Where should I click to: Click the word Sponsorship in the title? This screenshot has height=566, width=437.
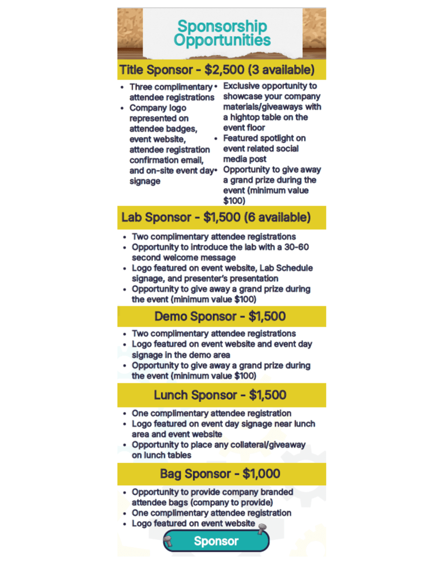pos(222,26)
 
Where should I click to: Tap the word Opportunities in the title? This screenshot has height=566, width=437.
pos(222,40)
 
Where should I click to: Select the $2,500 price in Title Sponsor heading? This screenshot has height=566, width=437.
pos(224,70)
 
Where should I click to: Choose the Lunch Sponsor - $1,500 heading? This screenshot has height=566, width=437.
pos(220,395)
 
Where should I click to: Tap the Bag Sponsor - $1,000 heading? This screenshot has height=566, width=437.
pos(220,474)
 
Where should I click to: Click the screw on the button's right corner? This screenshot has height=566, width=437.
pos(263,528)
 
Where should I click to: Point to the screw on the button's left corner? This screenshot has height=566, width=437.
pos(169,543)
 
